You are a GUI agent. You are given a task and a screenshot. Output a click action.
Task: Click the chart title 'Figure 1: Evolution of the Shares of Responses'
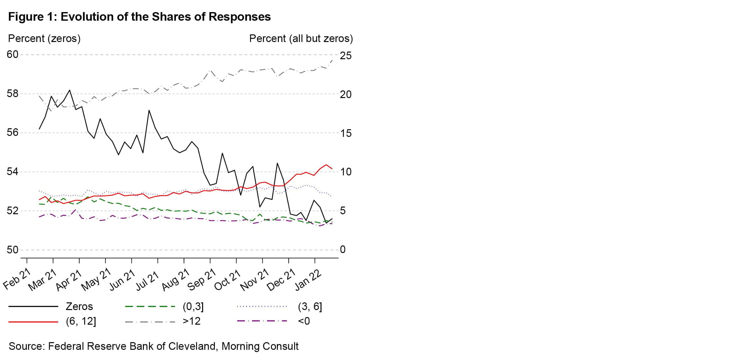point(139,17)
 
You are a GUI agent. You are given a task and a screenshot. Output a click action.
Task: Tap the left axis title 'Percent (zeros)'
point(44,39)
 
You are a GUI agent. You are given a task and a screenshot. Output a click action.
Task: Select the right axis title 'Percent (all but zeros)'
point(301,39)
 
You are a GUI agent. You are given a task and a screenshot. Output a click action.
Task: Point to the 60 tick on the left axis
point(12,55)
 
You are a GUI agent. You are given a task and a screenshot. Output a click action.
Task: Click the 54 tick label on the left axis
point(12,172)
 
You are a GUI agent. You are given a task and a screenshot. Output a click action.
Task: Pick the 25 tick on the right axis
point(346,56)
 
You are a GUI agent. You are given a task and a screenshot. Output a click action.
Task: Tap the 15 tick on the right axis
point(346,133)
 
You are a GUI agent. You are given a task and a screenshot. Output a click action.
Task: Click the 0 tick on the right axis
point(342,250)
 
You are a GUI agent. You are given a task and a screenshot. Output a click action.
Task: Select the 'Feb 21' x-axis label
point(17,279)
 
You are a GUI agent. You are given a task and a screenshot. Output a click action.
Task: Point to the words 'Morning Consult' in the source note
point(260,346)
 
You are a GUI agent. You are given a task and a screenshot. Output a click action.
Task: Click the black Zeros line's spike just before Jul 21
point(149,110)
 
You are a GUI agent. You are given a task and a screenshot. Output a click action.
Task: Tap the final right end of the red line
point(332,169)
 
